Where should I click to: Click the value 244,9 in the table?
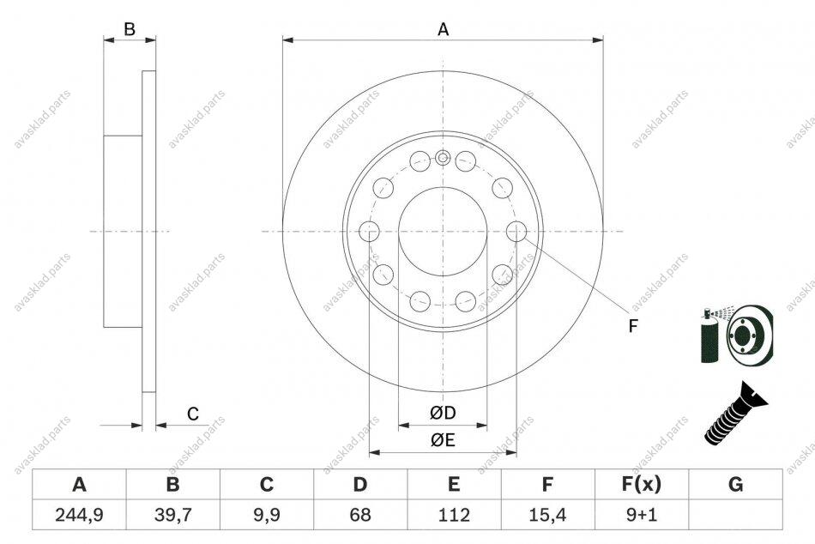click(x=79, y=515)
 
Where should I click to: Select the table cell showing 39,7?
click(x=173, y=515)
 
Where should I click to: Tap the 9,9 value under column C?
click(x=267, y=515)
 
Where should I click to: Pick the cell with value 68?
click(x=360, y=515)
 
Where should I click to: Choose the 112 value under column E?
click(x=454, y=515)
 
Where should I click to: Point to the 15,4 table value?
click(x=547, y=515)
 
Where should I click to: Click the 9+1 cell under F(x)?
click(x=642, y=515)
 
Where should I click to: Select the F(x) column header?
click(x=642, y=484)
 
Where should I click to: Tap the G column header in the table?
click(x=735, y=484)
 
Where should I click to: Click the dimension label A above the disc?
click(x=443, y=30)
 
